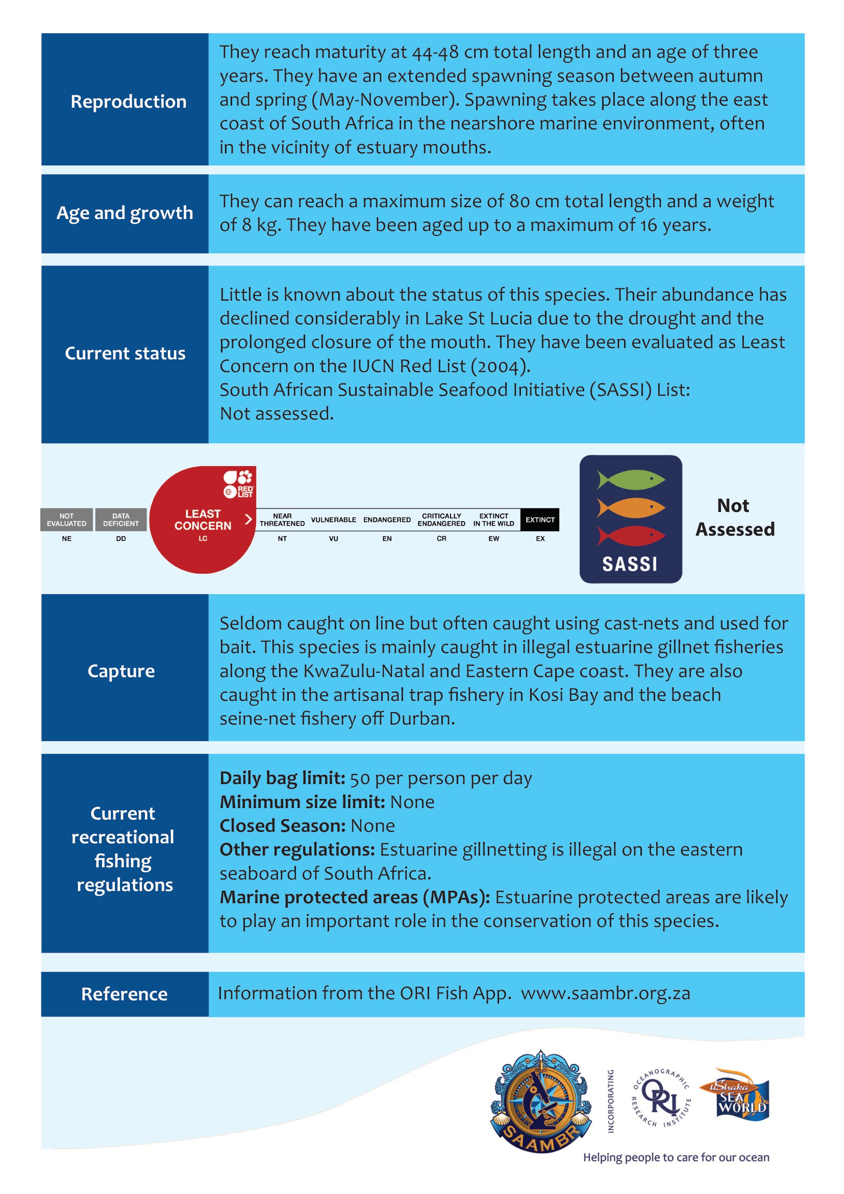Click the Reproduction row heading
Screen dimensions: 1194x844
[129, 102]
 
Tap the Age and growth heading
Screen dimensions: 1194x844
[125, 213]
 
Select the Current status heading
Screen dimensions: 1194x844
[125, 353]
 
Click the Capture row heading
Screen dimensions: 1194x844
[121, 671]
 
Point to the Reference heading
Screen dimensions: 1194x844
[124, 994]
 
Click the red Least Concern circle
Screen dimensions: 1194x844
[203, 520]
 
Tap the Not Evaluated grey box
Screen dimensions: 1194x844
[66, 520]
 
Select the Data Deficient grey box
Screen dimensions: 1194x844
[120, 520]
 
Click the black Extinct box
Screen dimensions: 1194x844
[540, 520]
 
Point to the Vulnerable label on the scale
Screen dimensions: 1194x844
[333, 520]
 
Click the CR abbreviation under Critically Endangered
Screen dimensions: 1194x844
[441, 539]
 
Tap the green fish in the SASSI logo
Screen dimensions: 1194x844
[630, 479]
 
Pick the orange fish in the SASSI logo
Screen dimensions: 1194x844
[630, 507]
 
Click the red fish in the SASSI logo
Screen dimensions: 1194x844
[630, 535]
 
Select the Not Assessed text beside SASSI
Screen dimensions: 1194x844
[735, 518]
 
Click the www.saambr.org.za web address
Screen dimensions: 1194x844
[606, 993]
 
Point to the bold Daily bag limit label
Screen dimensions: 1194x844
[282, 778]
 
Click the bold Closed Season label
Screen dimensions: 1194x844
[282, 826]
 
